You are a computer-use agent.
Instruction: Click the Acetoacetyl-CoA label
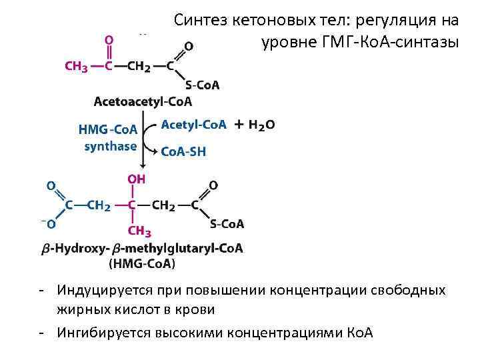pyautogui.click(x=143, y=102)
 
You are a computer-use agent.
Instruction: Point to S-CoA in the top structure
pyautogui.click(x=202, y=85)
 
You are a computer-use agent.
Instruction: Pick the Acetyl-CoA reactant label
pyautogui.click(x=194, y=125)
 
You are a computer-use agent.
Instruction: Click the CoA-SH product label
pyautogui.click(x=184, y=152)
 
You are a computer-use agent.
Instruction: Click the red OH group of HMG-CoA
pyautogui.click(x=137, y=179)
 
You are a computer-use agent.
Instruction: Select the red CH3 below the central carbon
pyautogui.click(x=139, y=231)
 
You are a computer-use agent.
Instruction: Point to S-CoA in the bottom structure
pyautogui.click(x=227, y=224)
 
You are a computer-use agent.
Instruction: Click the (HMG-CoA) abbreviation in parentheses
pyautogui.click(x=142, y=264)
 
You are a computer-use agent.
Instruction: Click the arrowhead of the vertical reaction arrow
pyautogui.click(x=142, y=167)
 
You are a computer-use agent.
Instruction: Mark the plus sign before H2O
pyautogui.click(x=238, y=125)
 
